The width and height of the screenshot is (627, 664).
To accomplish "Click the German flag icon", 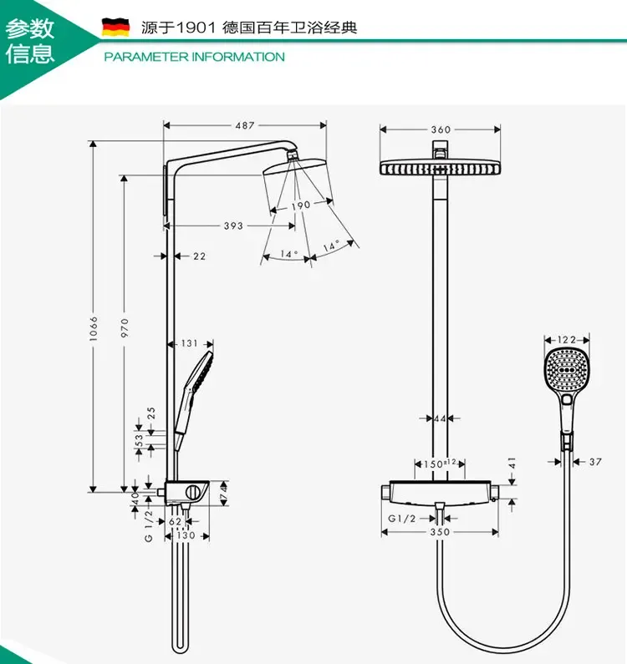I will pyautogui.click(x=115, y=28).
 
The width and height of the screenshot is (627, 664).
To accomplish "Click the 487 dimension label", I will pyautogui.click(x=244, y=125).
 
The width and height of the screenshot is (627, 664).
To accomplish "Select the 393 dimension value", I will pyautogui.click(x=233, y=226).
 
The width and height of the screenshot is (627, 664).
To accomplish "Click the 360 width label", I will pyautogui.click(x=441, y=129).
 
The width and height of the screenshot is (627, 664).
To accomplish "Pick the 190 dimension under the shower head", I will pyautogui.click(x=301, y=205).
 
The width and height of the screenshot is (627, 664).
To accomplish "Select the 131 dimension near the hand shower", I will pyautogui.click(x=190, y=342).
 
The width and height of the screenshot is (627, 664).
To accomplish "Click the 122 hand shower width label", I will pyautogui.click(x=568, y=340).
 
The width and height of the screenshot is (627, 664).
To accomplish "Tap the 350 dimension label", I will pyautogui.click(x=440, y=531).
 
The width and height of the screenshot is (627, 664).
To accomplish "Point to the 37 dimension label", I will pyautogui.click(x=595, y=462).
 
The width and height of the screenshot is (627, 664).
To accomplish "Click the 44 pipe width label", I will pyautogui.click(x=441, y=418).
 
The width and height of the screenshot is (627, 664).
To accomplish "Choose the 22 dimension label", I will pyautogui.click(x=199, y=256).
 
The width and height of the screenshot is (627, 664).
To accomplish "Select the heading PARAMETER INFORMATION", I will pyautogui.click(x=194, y=57).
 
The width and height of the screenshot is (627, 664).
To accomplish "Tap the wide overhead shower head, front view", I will pyautogui.click(x=440, y=167).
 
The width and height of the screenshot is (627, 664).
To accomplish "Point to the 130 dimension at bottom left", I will pyautogui.click(x=186, y=535).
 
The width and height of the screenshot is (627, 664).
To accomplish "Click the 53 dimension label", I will pyautogui.click(x=139, y=440).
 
